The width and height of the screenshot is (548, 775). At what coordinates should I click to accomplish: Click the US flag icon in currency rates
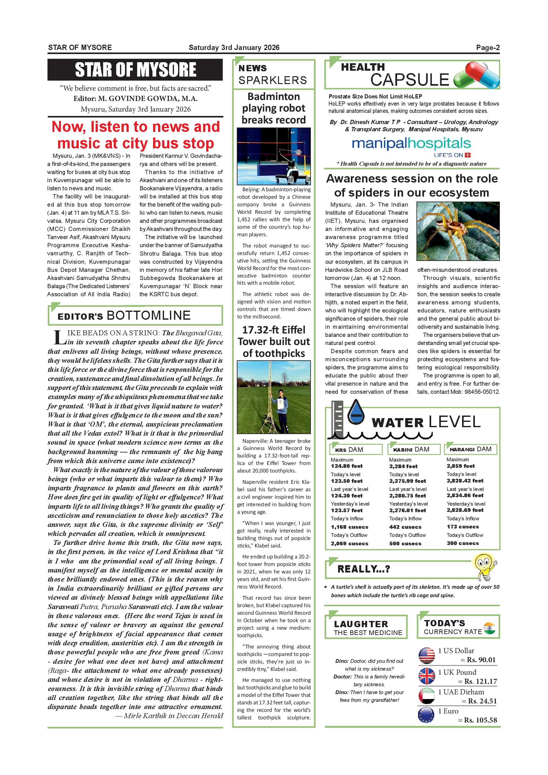click(x=426, y=656)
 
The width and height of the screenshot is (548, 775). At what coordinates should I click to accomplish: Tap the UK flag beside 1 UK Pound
click(x=426, y=676)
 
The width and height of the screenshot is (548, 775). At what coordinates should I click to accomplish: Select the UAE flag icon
click(x=426, y=696)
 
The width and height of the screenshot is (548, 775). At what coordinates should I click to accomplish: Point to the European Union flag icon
click(x=426, y=715)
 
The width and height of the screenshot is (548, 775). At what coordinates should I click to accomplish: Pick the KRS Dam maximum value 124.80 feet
click(x=346, y=466)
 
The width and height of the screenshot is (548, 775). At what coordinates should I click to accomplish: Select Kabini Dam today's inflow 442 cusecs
click(x=405, y=527)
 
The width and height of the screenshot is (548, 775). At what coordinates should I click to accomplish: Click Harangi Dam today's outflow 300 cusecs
click(x=463, y=543)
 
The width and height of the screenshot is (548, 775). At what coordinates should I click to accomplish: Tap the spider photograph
click(x=458, y=231)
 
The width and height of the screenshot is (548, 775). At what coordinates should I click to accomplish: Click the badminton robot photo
click(x=274, y=156)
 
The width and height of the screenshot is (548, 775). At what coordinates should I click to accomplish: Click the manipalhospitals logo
click(x=411, y=144)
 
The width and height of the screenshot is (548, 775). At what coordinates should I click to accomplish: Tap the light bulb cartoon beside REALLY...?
click(x=485, y=567)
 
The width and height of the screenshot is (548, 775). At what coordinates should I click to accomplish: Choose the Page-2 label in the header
click(x=488, y=47)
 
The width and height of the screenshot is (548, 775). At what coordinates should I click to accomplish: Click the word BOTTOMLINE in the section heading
click(x=148, y=315)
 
